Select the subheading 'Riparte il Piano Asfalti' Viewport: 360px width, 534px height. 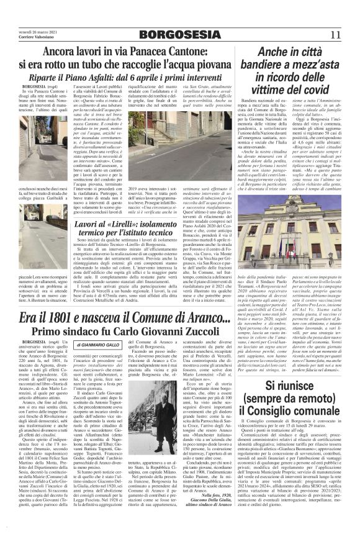coord(87,75)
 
